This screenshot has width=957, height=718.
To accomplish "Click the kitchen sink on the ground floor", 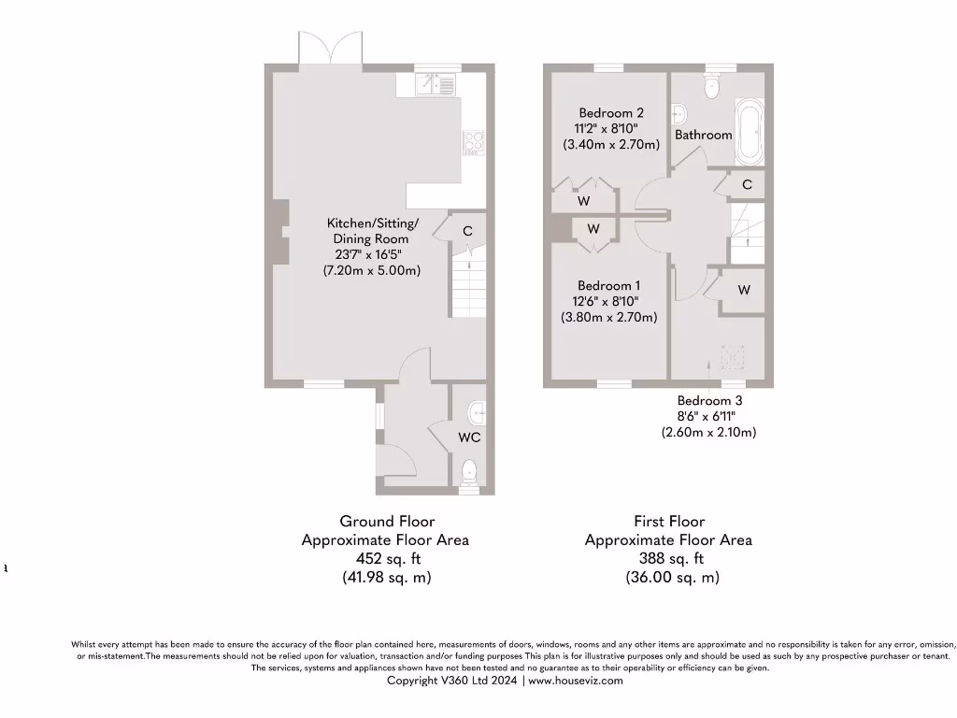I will pyautogui.click(x=436, y=85).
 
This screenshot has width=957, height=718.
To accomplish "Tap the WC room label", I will pyautogui.click(x=469, y=437).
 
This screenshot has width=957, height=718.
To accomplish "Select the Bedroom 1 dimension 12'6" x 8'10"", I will pyautogui.click(x=608, y=301).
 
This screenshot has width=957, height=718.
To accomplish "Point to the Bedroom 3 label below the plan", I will pyautogui.click(x=709, y=399).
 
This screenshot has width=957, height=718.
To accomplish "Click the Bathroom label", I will pyautogui.click(x=704, y=135).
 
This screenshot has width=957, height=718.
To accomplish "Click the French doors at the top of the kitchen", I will pyautogui.click(x=329, y=49).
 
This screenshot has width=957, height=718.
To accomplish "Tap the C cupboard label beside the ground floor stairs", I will pyautogui.click(x=467, y=231).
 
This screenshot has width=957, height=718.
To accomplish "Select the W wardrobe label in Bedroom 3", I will pyautogui.click(x=744, y=290).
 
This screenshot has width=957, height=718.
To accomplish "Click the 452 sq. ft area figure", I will pyautogui.click(x=386, y=558).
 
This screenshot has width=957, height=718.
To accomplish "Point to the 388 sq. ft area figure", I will pyautogui.click(x=667, y=558).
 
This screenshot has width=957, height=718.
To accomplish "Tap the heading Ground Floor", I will pyautogui.click(x=386, y=521).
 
